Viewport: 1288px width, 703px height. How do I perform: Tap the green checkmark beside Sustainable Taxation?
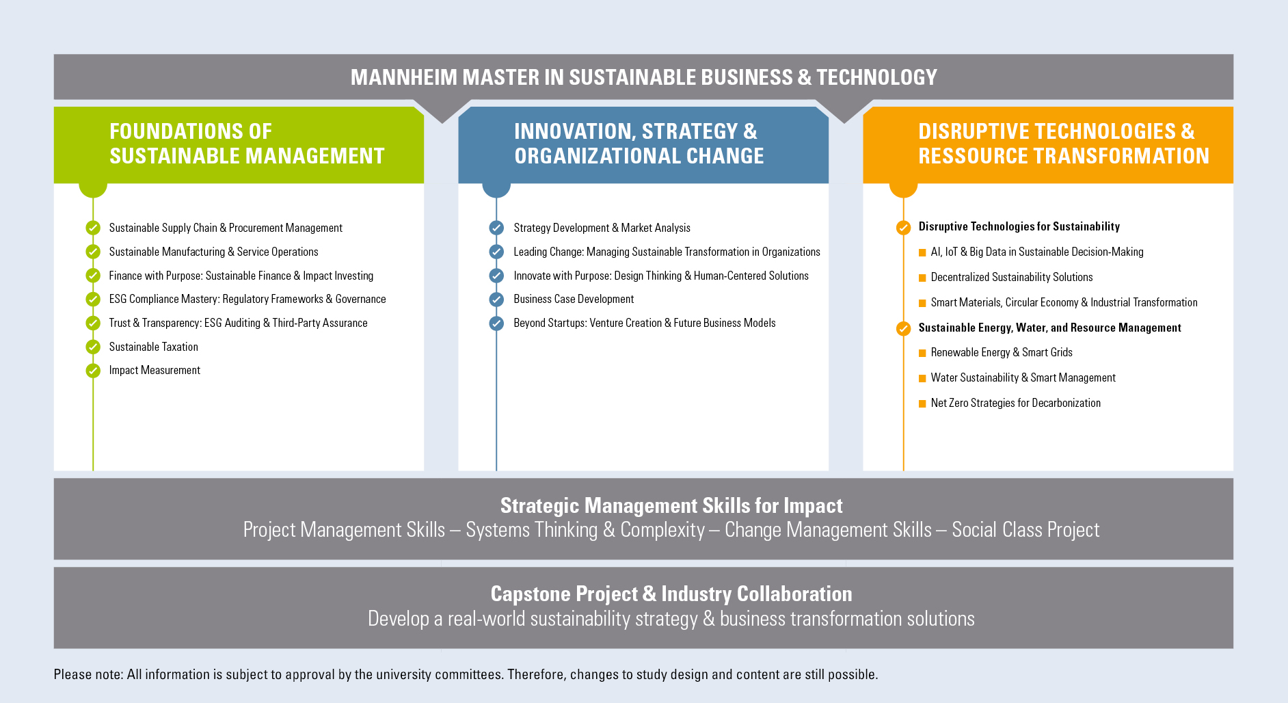[x=93, y=347]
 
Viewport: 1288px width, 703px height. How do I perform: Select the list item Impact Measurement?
[x=155, y=370]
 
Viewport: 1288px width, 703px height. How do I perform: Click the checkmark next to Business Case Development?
[x=496, y=300]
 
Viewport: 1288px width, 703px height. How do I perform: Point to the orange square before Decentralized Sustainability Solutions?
[x=922, y=278]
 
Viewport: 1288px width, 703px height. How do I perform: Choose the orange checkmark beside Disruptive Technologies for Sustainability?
[x=903, y=228]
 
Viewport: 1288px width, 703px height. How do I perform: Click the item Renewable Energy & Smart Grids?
[x=1002, y=352]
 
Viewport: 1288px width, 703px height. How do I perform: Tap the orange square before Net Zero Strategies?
[x=922, y=403]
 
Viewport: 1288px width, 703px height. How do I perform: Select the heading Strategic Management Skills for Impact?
[x=671, y=505]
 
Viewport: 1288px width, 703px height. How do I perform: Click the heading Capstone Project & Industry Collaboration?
[x=671, y=594]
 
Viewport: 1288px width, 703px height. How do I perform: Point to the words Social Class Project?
[x=1025, y=530]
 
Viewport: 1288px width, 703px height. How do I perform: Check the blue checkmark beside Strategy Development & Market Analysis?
[x=496, y=228]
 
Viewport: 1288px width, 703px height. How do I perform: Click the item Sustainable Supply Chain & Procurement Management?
[x=226, y=228]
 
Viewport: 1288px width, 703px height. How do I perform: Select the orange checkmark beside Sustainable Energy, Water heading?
[x=903, y=329]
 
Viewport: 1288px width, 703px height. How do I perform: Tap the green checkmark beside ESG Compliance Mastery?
[x=93, y=300]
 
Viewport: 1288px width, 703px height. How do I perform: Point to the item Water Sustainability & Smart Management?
[x=1023, y=377]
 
